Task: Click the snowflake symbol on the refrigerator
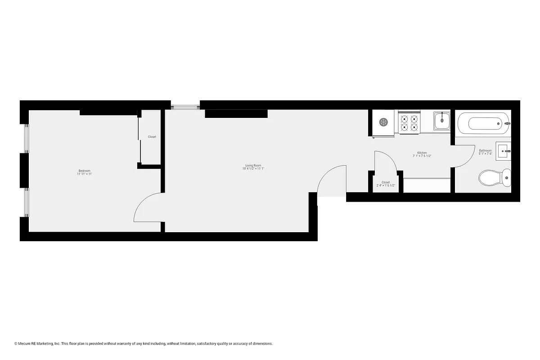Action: coord(383,122)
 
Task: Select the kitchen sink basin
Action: coord(441,120)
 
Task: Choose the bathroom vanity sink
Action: coord(504,150)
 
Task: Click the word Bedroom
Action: coord(85,171)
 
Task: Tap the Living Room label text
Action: coord(253,165)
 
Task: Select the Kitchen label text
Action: coord(422,153)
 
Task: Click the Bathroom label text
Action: coord(485,150)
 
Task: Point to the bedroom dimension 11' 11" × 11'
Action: coord(85,174)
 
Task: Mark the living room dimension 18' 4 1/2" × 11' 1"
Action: coord(253,169)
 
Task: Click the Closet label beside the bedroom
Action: coord(152,137)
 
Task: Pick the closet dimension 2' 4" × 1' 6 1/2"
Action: coord(386,186)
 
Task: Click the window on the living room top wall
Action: coord(185,107)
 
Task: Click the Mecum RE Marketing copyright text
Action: coord(144,343)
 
